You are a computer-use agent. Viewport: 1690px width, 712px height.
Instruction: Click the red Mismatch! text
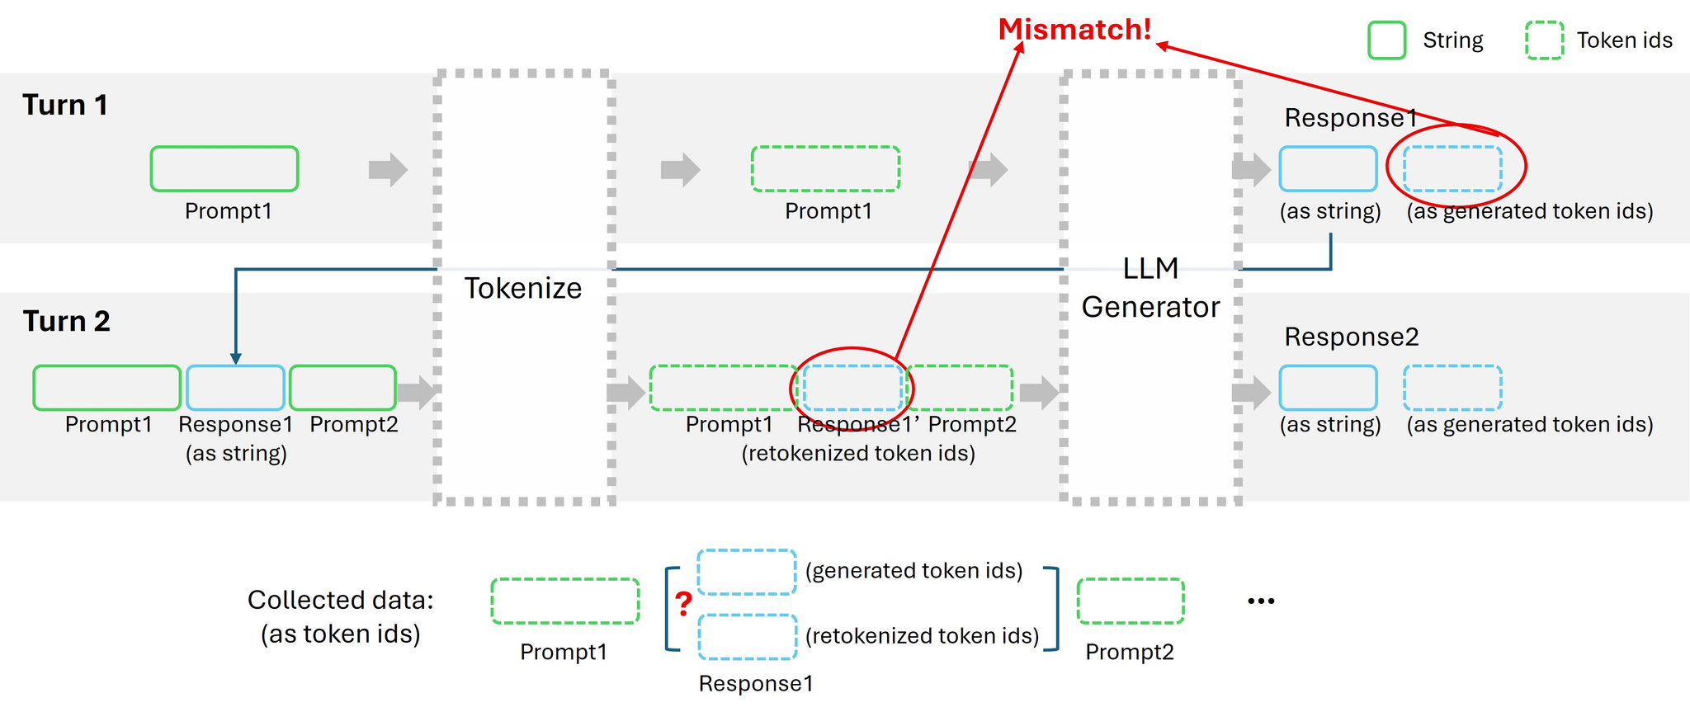click(x=1074, y=30)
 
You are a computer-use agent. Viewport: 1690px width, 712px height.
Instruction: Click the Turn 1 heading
click(x=65, y=105)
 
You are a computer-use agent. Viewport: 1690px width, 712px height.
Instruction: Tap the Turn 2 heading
click(x=66, y=321)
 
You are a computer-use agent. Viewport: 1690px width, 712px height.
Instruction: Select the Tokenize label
click(x=523, y=288)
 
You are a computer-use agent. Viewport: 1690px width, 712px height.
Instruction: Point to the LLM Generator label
click(x=1150, y=287)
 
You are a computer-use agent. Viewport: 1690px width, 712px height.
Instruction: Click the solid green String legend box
click(x=1386, y=40)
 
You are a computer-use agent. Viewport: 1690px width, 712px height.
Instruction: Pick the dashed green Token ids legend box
click(x=1545, y=40)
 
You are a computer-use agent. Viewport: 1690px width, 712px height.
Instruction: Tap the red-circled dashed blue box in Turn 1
click(x=1452, y=169)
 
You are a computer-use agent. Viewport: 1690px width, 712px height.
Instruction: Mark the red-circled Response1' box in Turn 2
click(x=852, y=388)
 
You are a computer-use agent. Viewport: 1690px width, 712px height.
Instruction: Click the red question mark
click(x=683, y=604)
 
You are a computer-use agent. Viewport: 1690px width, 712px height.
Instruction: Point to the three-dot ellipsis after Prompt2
click(x=1261, y=601)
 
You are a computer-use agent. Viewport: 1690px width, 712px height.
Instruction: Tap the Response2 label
click(x=1352, y=337)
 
